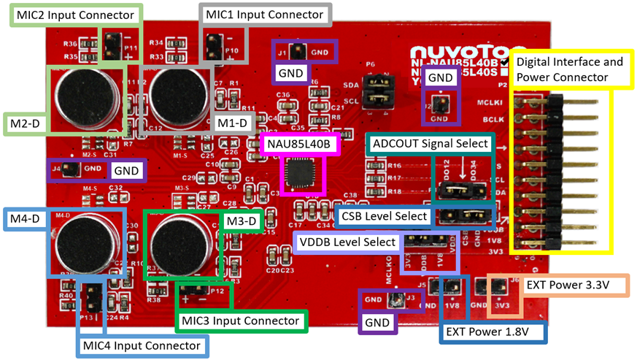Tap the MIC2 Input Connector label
[76, 15]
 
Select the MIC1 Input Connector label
[265, 15]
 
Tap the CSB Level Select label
[385, 216]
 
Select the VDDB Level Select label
[347, 242]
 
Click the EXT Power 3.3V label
[567, 283]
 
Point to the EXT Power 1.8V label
[494, 333]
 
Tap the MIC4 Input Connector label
[142, 345]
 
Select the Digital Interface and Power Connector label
[570, 69]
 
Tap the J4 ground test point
[66, 170]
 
